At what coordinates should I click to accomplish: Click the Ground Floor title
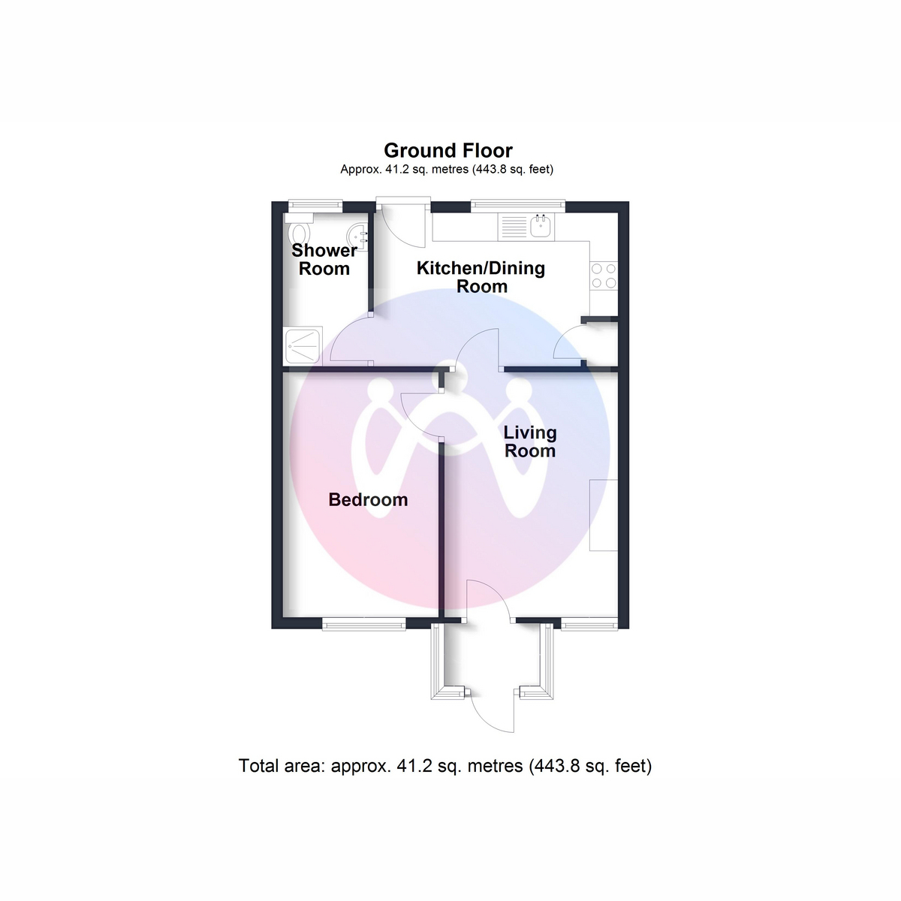click(x=448, y=151)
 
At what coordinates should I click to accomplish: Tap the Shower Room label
click(x=324, y=260)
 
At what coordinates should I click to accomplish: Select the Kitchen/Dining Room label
click(x=481, y=277)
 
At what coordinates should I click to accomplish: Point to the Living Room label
click(x=530, y=441)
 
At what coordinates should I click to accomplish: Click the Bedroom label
click(x=368, y=500)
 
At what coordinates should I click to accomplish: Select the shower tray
click(x=303, y=346)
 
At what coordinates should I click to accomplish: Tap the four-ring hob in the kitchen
click(x=604, y=276)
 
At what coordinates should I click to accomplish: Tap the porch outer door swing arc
click(x=493, y=713)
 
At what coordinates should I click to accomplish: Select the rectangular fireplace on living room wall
click(x=604, y=515)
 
